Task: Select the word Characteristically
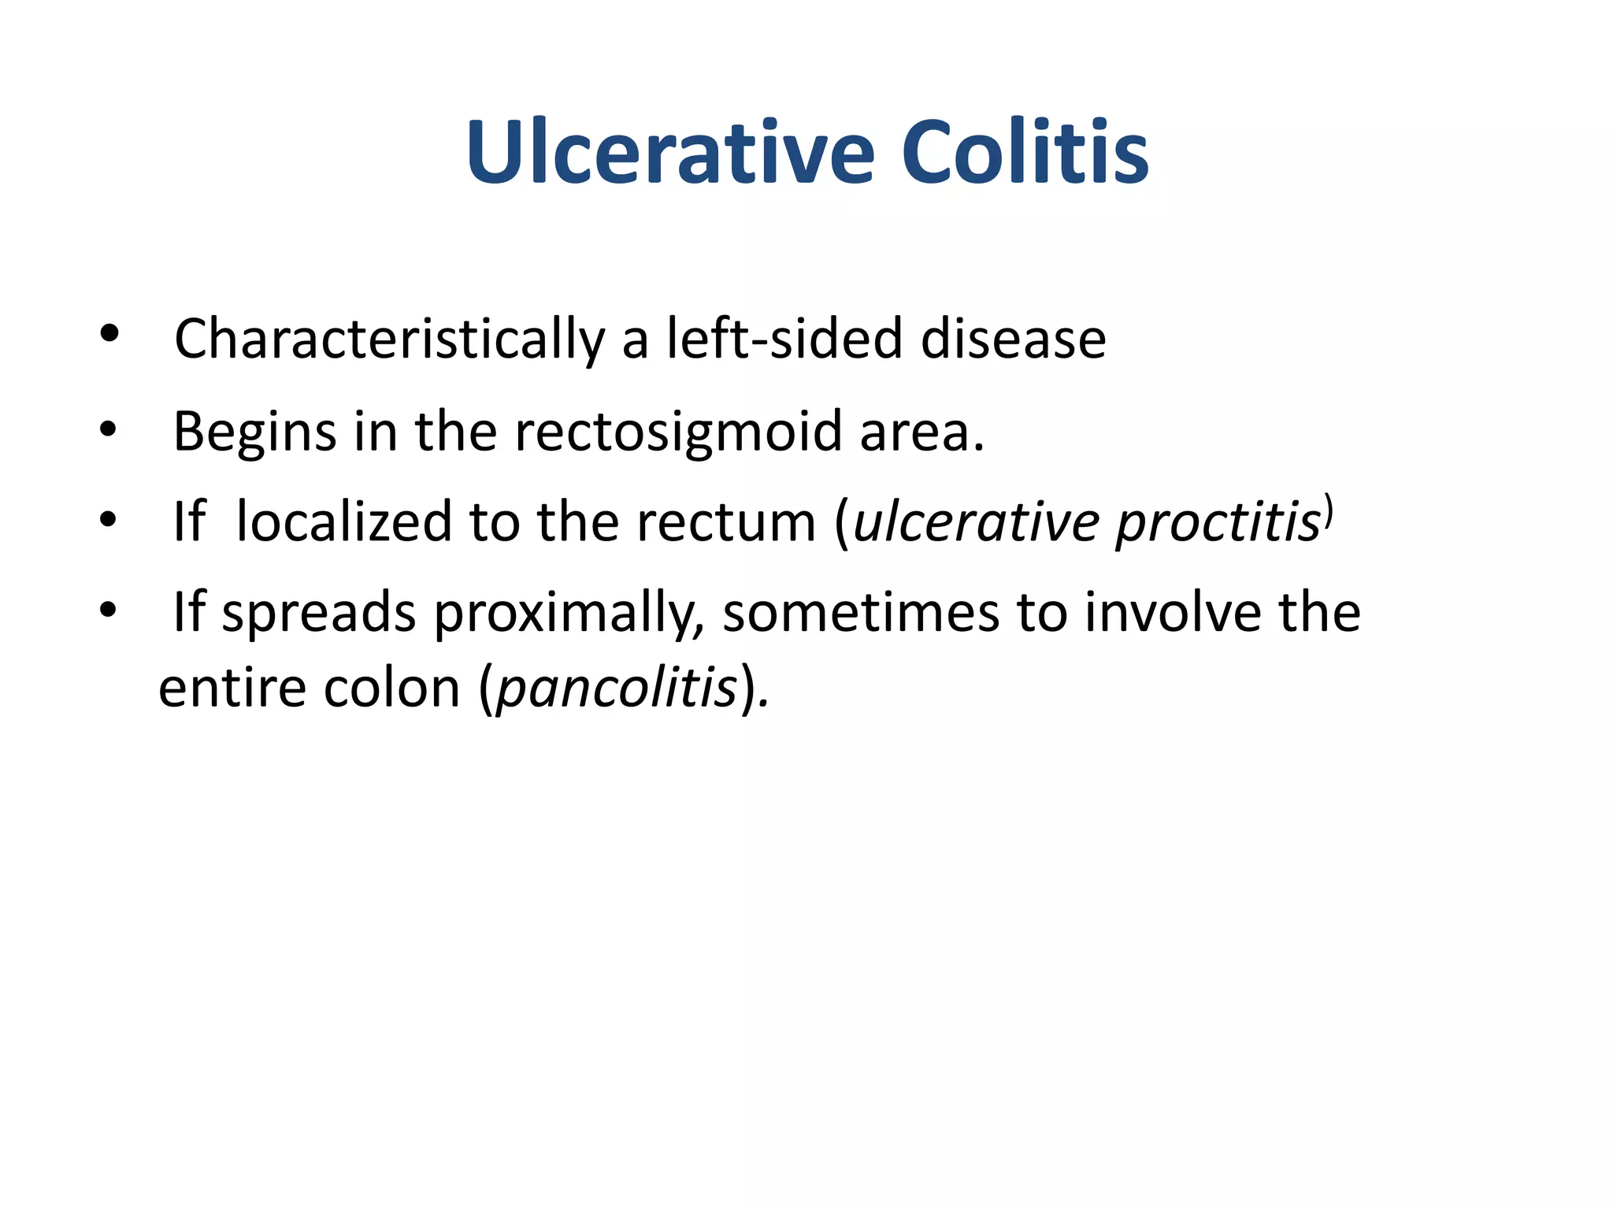click(x=389, y=340)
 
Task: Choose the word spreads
click(x=318, y=612)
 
